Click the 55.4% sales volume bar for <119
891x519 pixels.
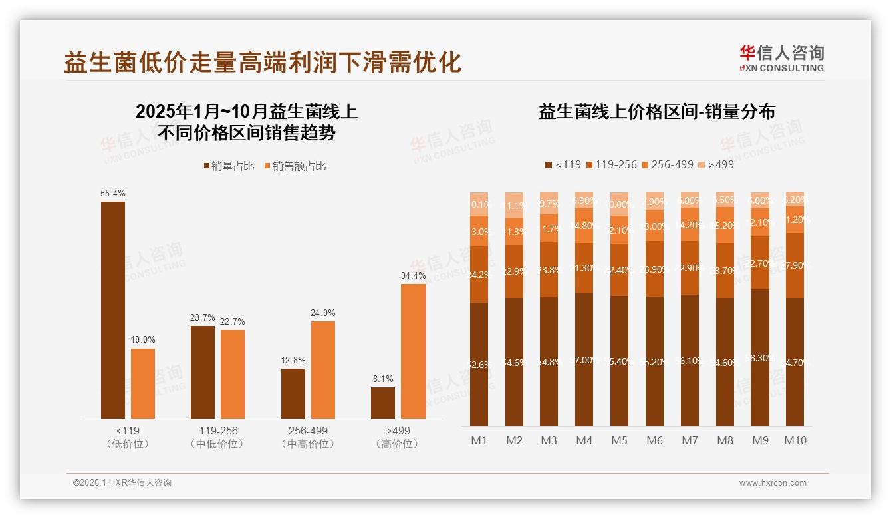tap(113, 310)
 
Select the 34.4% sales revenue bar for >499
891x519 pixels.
tap(413, 351)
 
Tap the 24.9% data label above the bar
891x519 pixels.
tap(322, 313)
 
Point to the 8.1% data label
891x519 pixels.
tap(382, 379)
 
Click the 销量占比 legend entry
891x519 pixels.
tap(228, 166)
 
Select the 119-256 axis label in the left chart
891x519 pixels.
tap(217, 431)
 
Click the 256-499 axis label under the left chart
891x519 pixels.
tap(308, 431)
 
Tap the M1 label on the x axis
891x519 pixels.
tap(479, 440)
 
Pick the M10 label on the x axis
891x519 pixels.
tap(795, 440)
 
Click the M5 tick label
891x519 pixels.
tap(619, 440)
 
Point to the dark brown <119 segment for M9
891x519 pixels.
tap(760, 357)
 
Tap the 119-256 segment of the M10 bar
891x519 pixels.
tap(795, 265)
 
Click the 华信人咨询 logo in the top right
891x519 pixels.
tap(781, 58)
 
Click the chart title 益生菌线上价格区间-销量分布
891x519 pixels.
tap(656, 112)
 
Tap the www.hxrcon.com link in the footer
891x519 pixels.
tap(773, 483)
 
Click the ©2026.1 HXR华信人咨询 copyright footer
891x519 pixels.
tap(122, 483)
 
